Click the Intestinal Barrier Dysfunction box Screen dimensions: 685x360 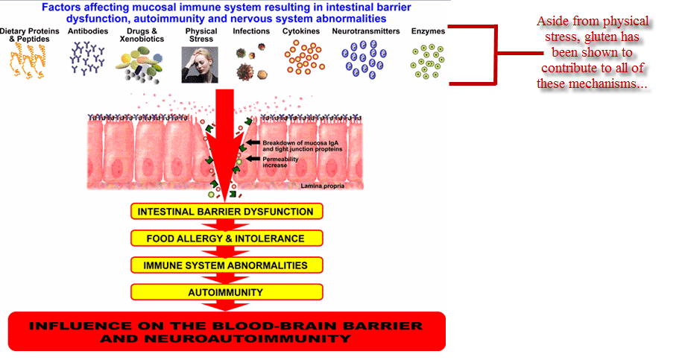(x=227, y=212)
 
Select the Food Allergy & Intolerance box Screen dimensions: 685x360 (x=227, y=239)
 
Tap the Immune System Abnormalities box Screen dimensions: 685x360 (x=227, y=265)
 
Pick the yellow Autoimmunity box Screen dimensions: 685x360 (x=227, y=292)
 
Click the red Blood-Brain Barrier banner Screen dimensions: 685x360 (x=227, y=332)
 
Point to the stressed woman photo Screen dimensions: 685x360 (x=200, y=65)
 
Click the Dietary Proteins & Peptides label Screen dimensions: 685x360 (x=29, y=35)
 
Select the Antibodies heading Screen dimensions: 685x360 (x=88, y=31)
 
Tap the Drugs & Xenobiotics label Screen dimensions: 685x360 (x=142, y=35)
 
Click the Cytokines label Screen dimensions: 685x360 (x=301, y=31)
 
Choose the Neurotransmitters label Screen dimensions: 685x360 (x=366, y=31)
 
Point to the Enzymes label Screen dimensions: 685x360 (x=428, y=31)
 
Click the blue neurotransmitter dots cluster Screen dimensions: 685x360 (x=364, y=60)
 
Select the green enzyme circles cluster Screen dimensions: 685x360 (x=427, y=61)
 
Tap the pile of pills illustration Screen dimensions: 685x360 (x=139, y=66)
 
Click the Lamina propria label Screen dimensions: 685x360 (x=323, y=186)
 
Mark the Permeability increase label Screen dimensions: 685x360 (x=280, y=162)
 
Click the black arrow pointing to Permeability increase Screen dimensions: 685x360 (x=253, y=159)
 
